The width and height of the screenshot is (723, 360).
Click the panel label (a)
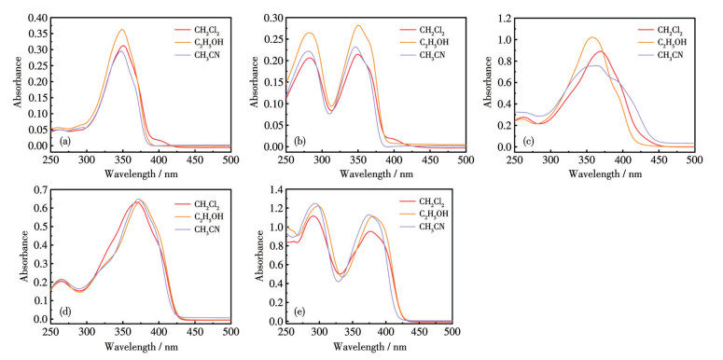point(64,141)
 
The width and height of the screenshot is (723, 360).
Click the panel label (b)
point(299,141)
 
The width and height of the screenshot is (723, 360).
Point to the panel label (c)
point(528,141)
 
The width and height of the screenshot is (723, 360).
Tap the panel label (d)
point(65,312)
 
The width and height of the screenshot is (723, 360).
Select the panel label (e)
point(299,312)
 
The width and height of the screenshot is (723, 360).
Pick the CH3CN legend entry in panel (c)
point(659,55)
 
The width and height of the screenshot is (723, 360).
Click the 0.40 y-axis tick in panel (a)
point(38,18)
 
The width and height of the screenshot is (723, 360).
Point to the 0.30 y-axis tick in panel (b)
point(273,18)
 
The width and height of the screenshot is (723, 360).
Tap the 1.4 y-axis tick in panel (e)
point(276,189)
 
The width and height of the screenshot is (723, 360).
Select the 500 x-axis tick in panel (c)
point(694,159)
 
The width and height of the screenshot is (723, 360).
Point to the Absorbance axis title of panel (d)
point(23,256)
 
